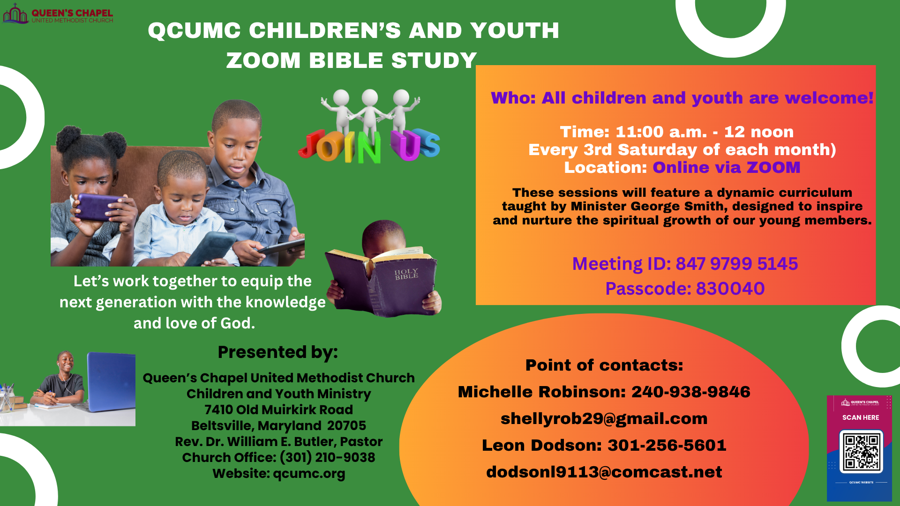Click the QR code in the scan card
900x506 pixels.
point(861,452)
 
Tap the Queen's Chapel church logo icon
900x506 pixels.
point(15,14)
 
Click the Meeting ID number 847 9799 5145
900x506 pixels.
point(736,264)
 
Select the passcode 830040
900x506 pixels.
point(730,289)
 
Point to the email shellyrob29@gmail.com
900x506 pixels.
point(604,418)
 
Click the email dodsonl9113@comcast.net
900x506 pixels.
point(604,472)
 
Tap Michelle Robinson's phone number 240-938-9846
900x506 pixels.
point(690,392)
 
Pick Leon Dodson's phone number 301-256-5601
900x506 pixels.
point(667,445)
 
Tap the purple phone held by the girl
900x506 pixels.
point(98,207)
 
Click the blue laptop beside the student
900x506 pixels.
point(112,381)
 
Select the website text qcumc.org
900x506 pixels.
point(309,474)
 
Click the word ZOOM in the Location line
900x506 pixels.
point(773,167)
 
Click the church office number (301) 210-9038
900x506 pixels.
point(327,457)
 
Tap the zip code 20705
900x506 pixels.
point(346,425)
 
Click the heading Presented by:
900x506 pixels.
point(277,352)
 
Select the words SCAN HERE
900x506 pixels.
point(861,417)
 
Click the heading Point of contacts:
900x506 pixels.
point(604,365)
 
